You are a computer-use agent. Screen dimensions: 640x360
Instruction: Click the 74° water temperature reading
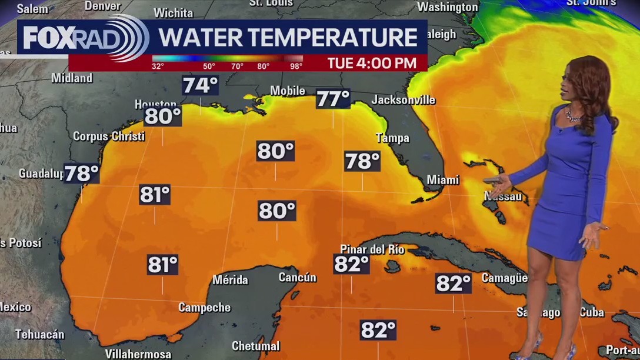point(200,86)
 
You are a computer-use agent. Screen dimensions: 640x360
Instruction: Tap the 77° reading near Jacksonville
point(333,99)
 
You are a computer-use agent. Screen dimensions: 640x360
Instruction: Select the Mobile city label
point(288,91)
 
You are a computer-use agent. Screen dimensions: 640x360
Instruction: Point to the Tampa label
point(392,138)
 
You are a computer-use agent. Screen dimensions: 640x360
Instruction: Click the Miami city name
point(443,180)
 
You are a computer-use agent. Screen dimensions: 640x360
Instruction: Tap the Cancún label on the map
point(297,278)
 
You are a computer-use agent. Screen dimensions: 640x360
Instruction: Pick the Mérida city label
point(230,280)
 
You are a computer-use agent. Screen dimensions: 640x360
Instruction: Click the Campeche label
point(205,307)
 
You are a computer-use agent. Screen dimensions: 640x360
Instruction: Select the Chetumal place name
point(256,346)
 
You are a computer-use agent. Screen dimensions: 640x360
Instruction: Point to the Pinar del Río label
point(372,249)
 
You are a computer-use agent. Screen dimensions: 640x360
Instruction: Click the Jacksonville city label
point(404,100)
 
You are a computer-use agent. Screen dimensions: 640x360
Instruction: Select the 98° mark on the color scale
point(296,66)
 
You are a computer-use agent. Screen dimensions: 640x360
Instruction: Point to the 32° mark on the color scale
point(158,66)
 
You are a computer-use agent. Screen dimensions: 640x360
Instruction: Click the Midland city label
point(72,78)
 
